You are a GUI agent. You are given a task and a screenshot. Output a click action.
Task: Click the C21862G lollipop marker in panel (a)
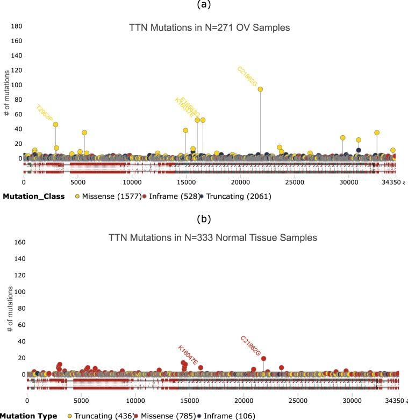point(260,89)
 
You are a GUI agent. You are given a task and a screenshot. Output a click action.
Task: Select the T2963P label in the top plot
point(45,114)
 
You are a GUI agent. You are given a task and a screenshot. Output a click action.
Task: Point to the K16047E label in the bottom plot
point(188,355)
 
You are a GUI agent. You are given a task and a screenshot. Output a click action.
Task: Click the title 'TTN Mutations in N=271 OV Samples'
point(209,27)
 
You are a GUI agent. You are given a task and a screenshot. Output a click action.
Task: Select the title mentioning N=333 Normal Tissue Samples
point(212,237)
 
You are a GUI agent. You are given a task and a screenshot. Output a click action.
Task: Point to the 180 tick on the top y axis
point(16,26)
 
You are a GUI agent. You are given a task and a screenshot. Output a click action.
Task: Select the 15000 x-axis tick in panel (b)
point(189,401)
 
